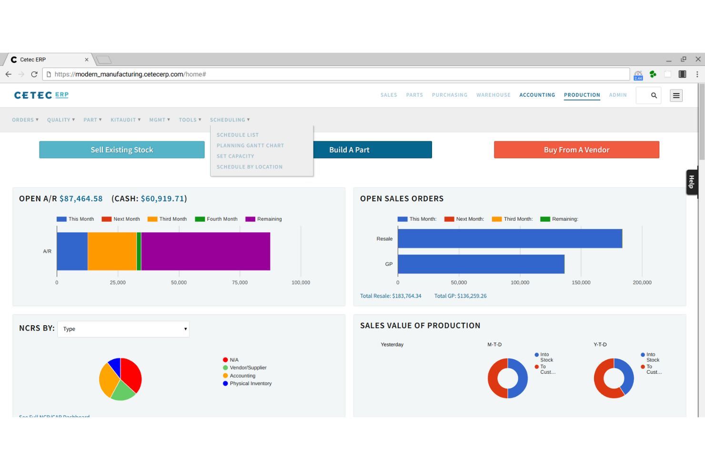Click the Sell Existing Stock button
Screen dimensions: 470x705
click(x=122, y=150)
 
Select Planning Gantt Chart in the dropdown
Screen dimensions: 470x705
click(x=250, y=146)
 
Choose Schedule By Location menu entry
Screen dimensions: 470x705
click(x=250, y=167)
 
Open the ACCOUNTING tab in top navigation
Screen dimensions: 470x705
click(x=537, y=95)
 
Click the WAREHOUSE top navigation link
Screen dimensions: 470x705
click(x=493, y=95)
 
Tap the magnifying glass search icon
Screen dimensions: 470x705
click(x=654, y=96)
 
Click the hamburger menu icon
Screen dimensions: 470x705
click(x=676, y=96)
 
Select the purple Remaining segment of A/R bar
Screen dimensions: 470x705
click(x=205, y=251)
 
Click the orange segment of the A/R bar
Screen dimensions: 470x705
click(x=112, y=251)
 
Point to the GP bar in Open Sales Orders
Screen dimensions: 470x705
click(x=481, y=264)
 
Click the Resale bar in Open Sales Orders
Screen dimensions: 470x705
click(x=510, y=239)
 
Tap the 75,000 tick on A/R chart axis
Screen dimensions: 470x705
click(x=240, y=283)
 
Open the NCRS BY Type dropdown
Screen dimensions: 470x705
click(x=123, y=329)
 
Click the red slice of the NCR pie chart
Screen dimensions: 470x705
click(x=131, y=374)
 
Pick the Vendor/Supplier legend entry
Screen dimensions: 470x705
click(x=248, y=368)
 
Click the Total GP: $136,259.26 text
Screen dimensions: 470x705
click(x=460, y=296)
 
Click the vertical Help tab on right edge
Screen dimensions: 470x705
click(x=692, y=182)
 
